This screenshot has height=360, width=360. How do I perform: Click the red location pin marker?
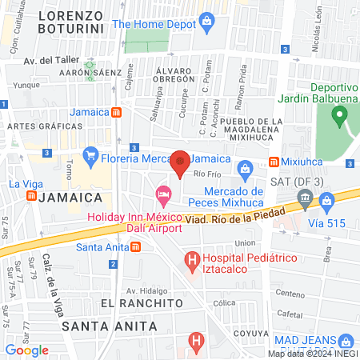click(181, 163)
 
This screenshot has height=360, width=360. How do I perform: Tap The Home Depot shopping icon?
click(207, 19)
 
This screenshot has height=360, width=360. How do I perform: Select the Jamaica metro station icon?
click(117, 112)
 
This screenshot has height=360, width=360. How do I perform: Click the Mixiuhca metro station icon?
click(274, 162)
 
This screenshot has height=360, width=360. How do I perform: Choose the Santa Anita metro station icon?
click(136, 246)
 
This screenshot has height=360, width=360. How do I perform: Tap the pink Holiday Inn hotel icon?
click(163, 194)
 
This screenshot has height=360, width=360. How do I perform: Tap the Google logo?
click(26, 350)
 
